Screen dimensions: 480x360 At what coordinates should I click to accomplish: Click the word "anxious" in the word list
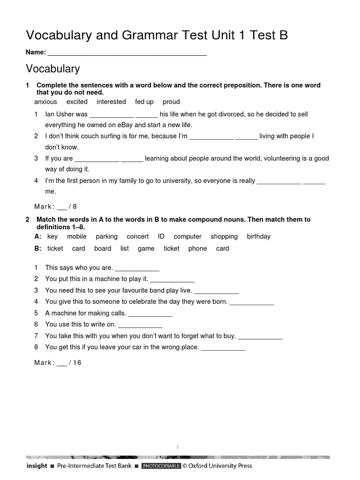pos(46,102)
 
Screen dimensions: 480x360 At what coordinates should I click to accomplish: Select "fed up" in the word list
pos(144,102)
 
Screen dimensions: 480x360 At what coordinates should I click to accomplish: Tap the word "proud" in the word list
pos(171,102)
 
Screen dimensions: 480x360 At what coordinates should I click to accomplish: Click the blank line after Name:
pos(127,53)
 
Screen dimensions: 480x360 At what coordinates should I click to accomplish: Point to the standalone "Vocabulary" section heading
pos(52,69)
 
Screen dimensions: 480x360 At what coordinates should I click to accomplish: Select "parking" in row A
pos(106,236)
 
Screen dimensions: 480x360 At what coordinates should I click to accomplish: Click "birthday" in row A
pos(259,236)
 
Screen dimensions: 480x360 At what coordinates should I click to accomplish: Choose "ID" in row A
pos(161,236)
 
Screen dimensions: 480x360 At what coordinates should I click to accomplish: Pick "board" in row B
pos(103,248)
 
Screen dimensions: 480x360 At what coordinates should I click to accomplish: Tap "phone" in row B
pos(197,248)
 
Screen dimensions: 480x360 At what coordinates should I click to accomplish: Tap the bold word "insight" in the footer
pos(37,466)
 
